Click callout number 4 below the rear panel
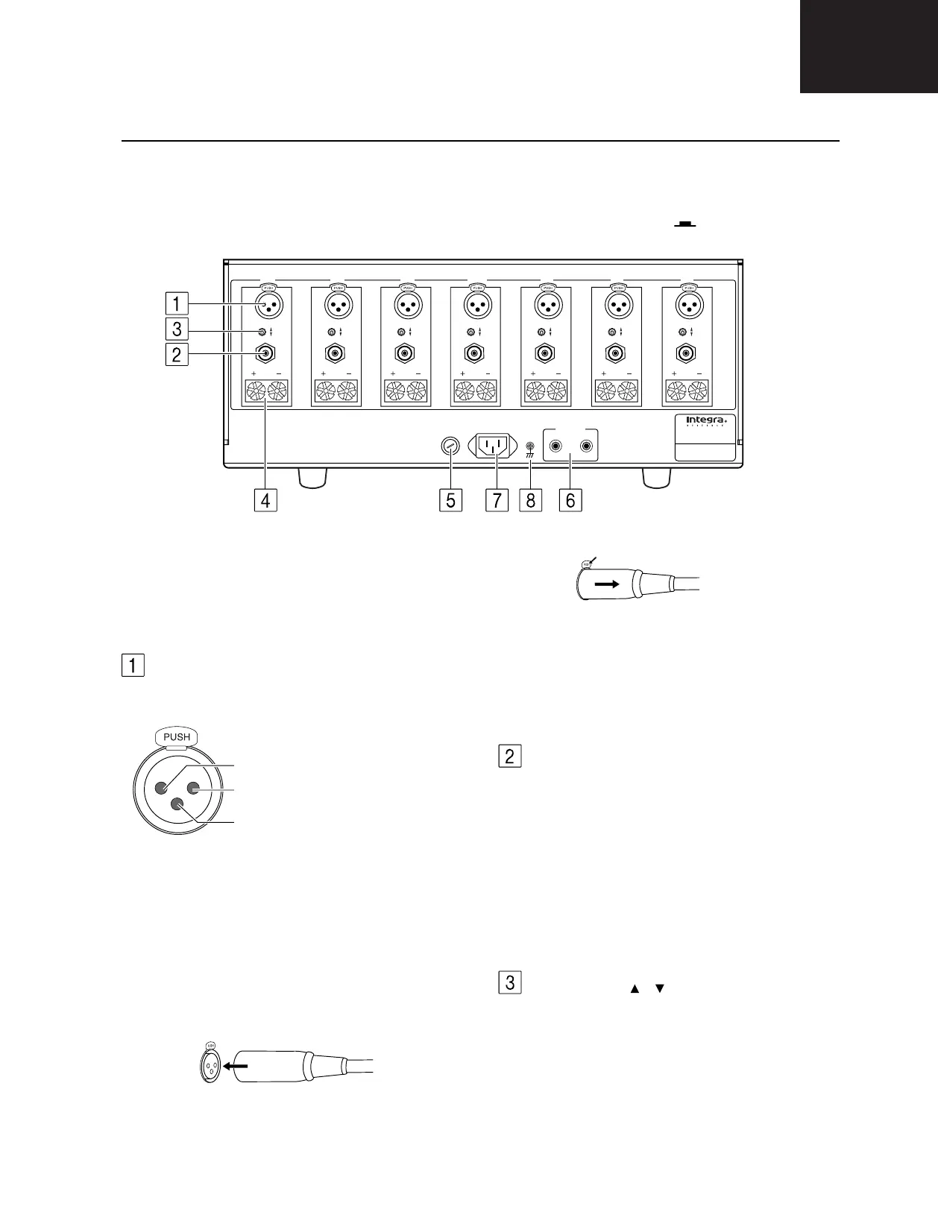265,499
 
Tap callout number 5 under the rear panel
450,499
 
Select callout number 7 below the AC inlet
497,499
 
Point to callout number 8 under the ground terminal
530,499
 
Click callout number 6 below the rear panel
570,499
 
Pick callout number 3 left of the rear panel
177,329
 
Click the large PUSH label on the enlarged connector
177,737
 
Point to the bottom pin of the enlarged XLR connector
177,805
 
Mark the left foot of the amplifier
312,478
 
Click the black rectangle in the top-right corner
869,46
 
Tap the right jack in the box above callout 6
588,447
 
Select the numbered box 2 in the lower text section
509,757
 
